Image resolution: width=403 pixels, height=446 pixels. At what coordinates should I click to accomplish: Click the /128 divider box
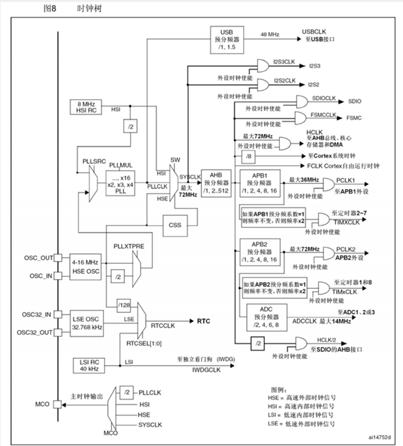(x=124, y=305)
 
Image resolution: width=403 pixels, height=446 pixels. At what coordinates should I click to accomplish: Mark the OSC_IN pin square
(x=58, y=275)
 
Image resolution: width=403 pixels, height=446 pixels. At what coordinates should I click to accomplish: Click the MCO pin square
(x=58, y=405)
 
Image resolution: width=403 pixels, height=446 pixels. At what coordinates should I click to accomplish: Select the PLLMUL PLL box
(x=121, y=180)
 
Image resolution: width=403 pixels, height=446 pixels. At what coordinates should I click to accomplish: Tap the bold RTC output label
(x=203, y=321)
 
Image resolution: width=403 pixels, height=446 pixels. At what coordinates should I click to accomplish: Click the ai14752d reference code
(x=378, y=437)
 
